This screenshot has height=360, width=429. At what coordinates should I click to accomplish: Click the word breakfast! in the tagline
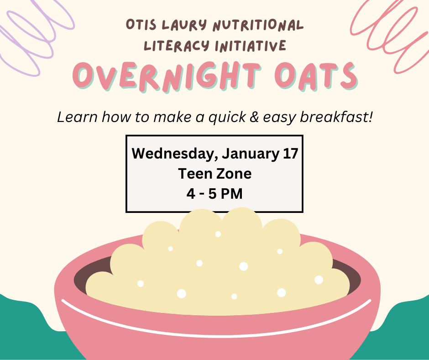point(338,117)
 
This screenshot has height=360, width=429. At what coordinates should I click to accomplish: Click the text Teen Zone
point(214,174)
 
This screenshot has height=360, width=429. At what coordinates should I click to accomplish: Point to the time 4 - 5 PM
point(214,194)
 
